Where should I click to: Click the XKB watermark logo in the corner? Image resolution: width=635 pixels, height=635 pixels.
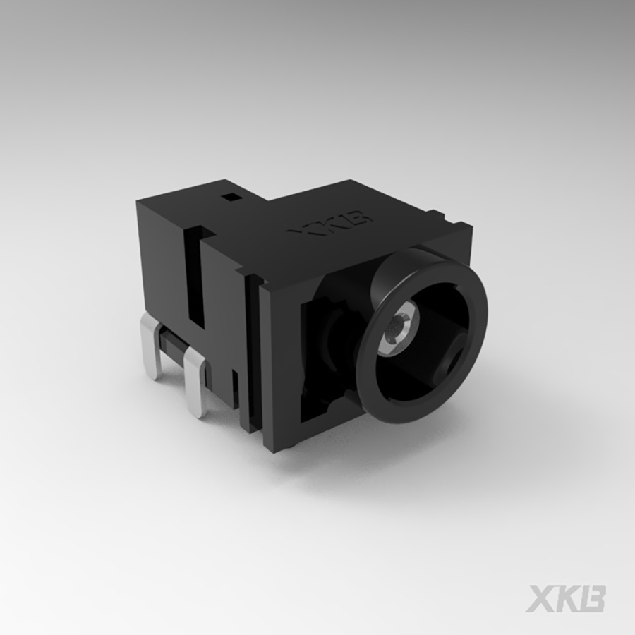point(564,598)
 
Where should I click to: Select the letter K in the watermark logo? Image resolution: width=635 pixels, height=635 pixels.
point(567,598)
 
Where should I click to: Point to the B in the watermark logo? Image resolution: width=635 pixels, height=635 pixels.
point(592,598)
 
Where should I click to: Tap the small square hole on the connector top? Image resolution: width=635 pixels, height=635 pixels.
point(229,198)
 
